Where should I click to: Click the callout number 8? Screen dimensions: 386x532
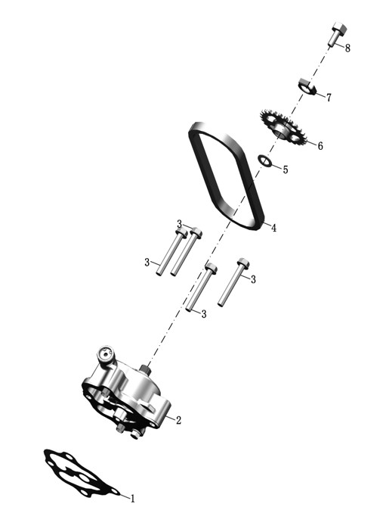click(x=347, y=48)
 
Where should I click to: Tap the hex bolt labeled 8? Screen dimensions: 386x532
click(x=337, y=34)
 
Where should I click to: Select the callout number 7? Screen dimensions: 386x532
click(x=329, y=98)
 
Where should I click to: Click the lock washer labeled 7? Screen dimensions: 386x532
click(x=307, y=86)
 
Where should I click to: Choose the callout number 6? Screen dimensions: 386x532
click(x=320, y=145)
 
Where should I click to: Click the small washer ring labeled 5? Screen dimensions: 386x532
click(x=265, y=161)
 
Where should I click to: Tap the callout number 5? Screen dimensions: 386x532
click(x=286, y=170)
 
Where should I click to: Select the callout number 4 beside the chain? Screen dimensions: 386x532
click(x=273, y=228)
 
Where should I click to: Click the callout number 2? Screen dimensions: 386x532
click(x=178, y=420)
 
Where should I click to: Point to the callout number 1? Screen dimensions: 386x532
click(x=133, y=499)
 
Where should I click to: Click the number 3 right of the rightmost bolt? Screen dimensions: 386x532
click(x=253, y=279)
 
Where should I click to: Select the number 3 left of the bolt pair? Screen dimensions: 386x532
click(x=147, y=262)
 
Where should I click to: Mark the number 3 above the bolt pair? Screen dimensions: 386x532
click(x=180, y=224)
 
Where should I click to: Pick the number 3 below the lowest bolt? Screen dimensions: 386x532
click(x=203, y=314)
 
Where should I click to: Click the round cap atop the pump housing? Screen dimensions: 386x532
click(x=106, y=355)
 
